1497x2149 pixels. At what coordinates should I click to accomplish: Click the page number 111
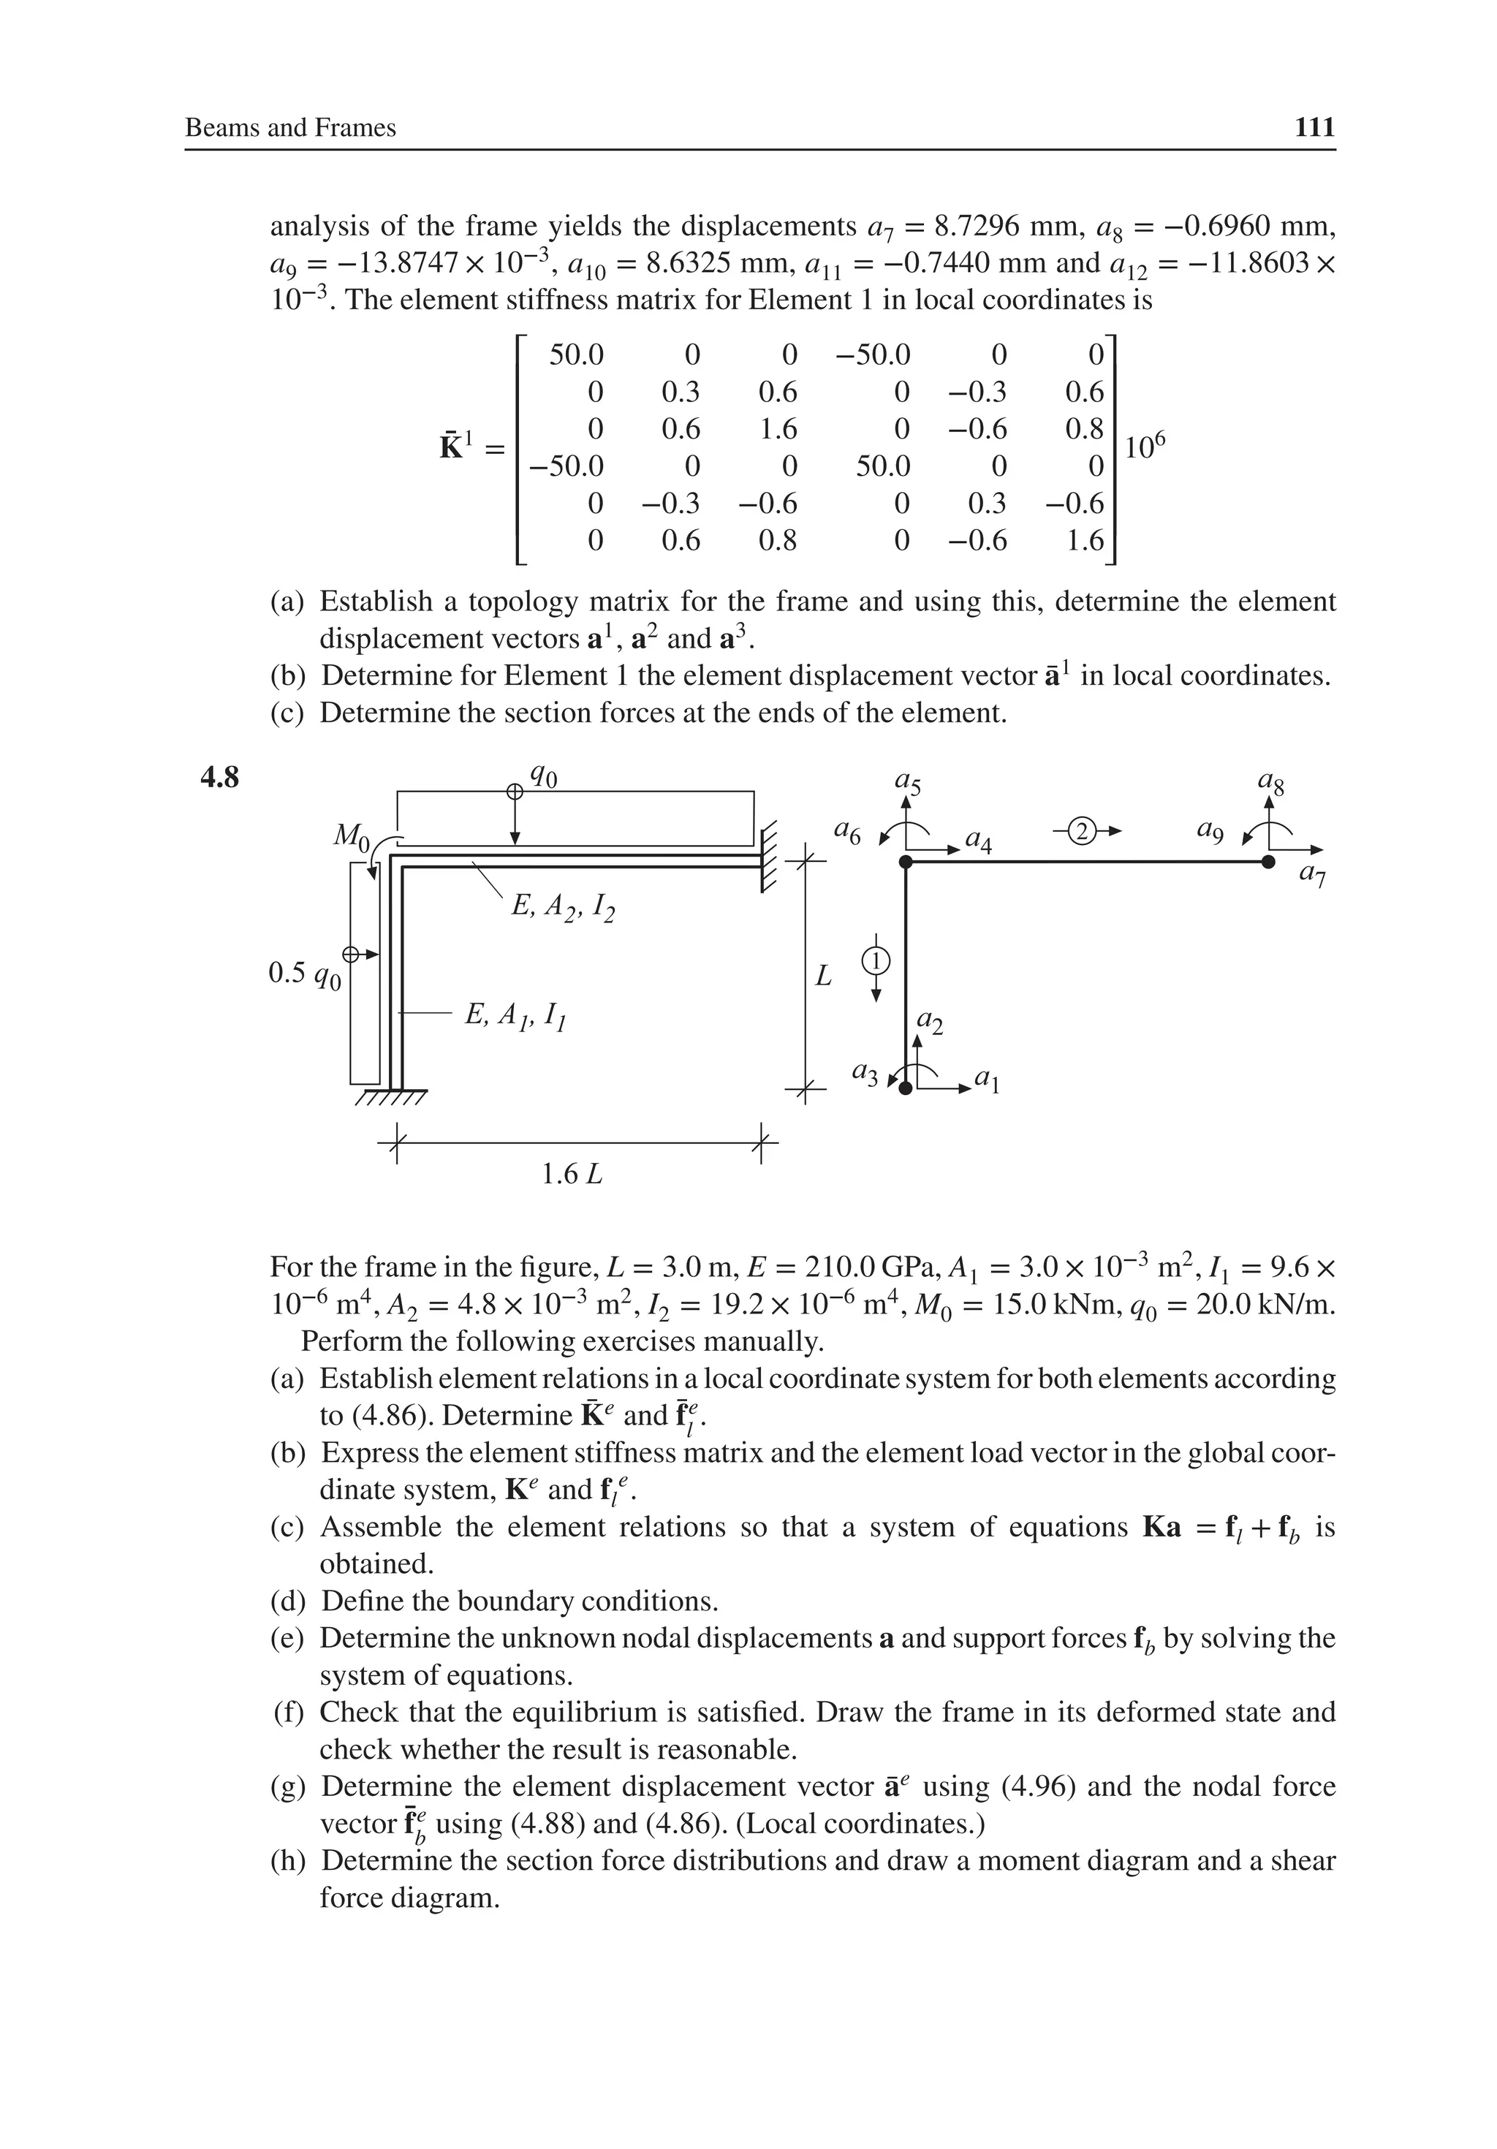point(1314,127)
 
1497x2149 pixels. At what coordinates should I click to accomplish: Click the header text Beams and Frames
point(290,128)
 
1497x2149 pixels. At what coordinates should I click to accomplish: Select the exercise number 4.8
point(220,778)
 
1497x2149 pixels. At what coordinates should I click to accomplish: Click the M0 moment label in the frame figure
point(353,835)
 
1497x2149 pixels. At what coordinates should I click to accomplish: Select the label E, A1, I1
point(516,1015)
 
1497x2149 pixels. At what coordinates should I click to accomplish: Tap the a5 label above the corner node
point(907,782)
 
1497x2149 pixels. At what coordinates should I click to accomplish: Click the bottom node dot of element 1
point(906,1088)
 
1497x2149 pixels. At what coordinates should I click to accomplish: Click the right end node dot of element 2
point(1267,862)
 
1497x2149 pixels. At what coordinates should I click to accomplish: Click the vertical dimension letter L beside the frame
point(823,977)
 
